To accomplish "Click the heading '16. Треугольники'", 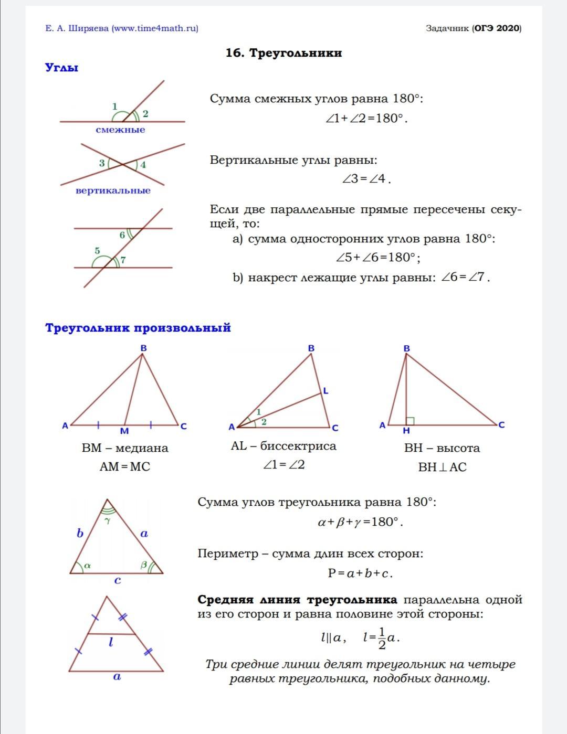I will (x=283, y=53).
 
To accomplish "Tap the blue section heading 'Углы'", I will (x=61, y=68).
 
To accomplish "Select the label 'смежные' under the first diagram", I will (x=120, y=130).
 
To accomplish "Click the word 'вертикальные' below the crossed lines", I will (x=113, y=190).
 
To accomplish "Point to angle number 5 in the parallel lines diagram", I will (x=97, y=251).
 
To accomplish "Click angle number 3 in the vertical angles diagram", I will (x=102, y=163).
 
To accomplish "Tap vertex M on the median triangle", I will (x=124, y=431).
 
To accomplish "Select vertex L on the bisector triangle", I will (x=325, y=391).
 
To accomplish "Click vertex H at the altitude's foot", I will (x=406, y=431).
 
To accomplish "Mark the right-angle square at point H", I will (x=410, y=421).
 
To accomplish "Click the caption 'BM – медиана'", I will (x=125, y=448).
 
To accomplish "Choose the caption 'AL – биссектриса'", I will (x=283, y=446).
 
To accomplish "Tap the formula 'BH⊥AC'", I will (x=442, y=467).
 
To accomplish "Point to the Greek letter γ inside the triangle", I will (x=108, y=521).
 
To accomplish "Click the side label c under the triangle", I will (x=118, y=580).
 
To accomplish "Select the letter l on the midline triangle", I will (x=111, y=642).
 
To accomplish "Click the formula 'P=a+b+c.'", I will (x=360, y=573).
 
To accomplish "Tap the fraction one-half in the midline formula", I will (x=382, y=638).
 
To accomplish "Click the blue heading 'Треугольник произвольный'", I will (x=138, y=328).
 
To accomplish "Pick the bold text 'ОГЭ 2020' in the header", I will (x=497, y=28).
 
